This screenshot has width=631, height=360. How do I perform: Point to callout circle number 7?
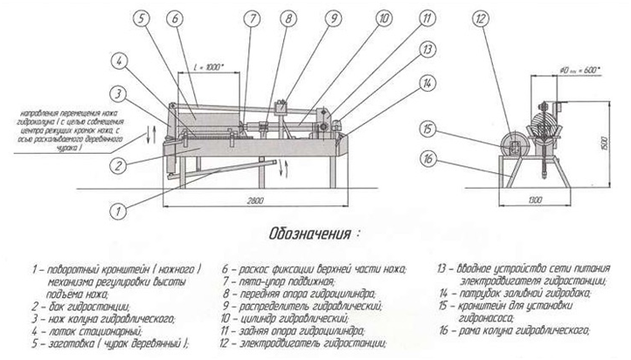pos(252,17)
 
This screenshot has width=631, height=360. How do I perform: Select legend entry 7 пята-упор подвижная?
pos(288,282)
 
